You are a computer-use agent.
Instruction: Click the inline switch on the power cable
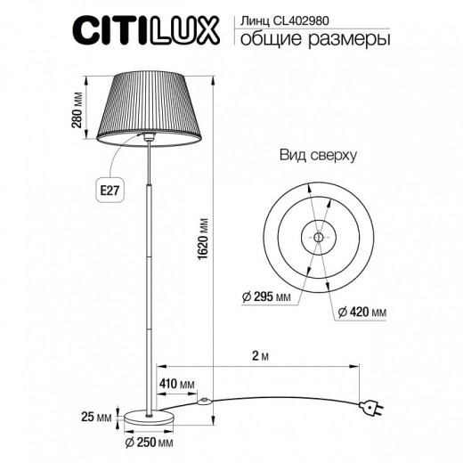coord(206,402)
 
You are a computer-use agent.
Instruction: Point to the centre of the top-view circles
coord(318,237)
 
